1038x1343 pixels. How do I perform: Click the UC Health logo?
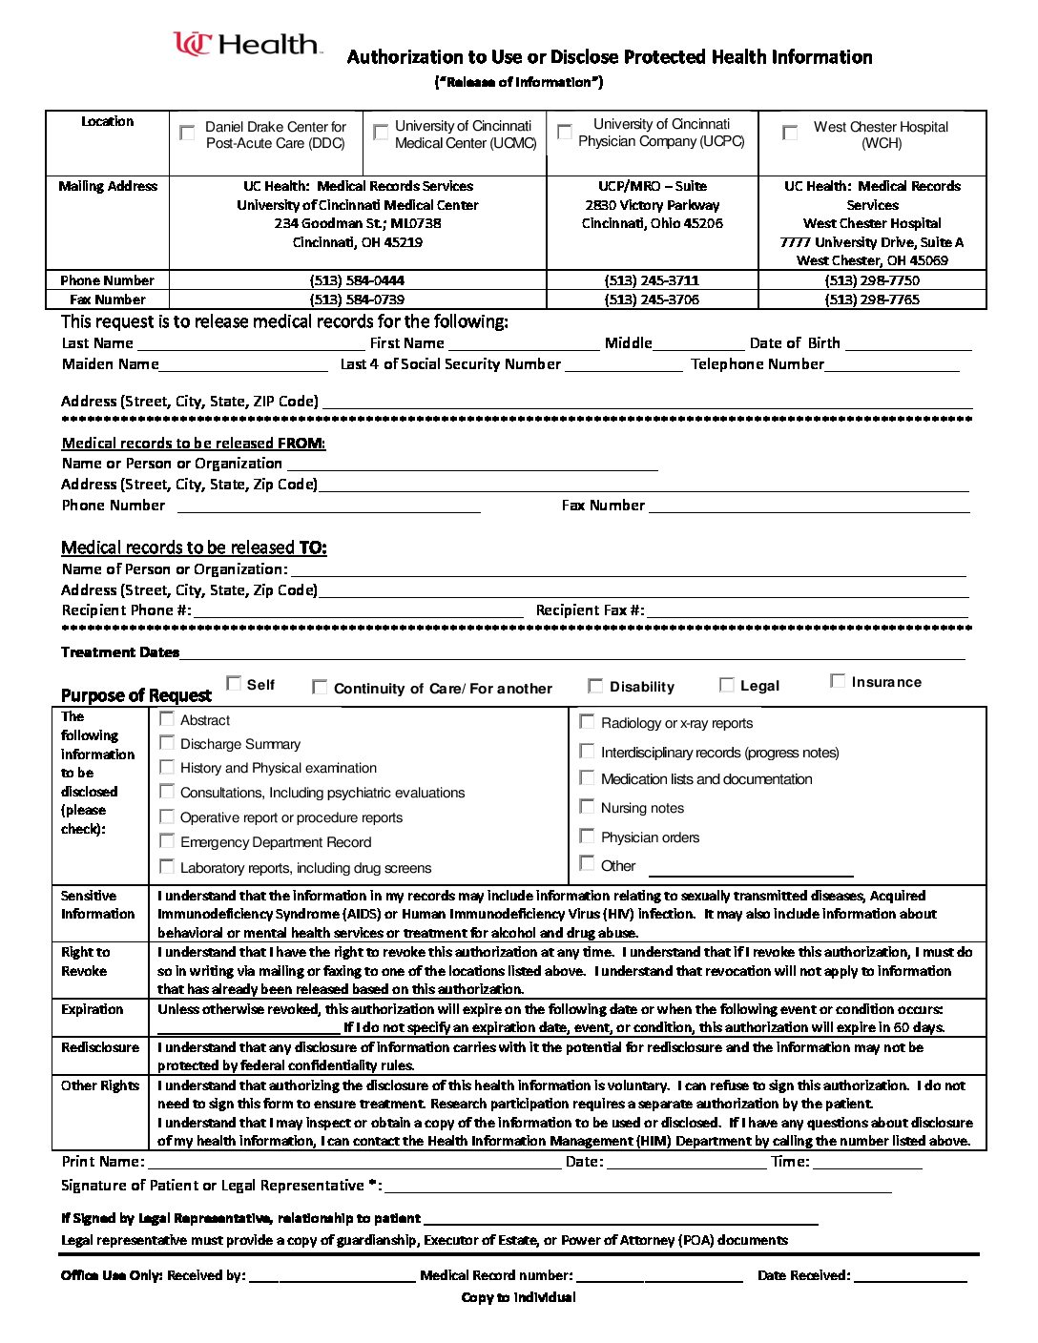(x=247, y=45)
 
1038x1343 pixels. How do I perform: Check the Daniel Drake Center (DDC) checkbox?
(x=187, y=133)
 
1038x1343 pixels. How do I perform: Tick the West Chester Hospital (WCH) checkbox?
(x=790, y=133)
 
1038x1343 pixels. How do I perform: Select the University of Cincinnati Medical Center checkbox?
(x=381, y=132)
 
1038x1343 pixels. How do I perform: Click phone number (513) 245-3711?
(x=652, y=280)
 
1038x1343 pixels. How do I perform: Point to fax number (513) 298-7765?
(x=872, y=300)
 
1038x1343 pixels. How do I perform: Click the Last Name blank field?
(x=251, y=343)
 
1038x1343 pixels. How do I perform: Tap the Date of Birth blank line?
(x=907, y=343)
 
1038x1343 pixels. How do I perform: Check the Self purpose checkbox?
(x=234, y=683)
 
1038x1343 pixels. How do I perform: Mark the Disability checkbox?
(x=595, y=686)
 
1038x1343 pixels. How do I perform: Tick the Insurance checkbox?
(x=838, y=681)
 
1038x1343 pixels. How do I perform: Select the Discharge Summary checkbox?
(x=167, y=743)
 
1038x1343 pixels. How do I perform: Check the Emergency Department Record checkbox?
(x=167, y=841)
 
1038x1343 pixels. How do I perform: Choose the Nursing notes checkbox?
(x=587, y=807)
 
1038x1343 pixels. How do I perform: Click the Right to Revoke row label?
(x=85, y=961)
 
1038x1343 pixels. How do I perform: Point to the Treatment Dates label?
(x=120, y=652)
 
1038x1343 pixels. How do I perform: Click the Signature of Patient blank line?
(x=637, y=1186)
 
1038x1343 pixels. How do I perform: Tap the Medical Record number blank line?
(x=659, y=1276)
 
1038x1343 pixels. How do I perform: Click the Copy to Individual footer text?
(x=518, y=1297)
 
